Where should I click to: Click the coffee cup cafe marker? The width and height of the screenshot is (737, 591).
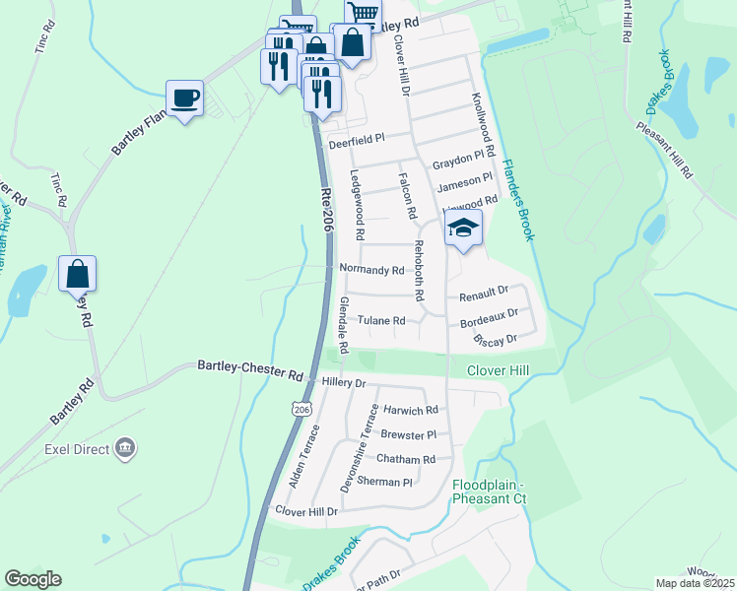184,99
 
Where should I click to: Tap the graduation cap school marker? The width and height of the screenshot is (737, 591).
462,230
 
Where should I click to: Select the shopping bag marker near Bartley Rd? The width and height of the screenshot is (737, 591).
77,274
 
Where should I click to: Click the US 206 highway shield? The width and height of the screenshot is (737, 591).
301,407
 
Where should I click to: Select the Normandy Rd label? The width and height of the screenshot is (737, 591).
371,270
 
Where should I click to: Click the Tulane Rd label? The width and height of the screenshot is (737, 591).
381,321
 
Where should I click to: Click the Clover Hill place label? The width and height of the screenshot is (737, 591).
500,371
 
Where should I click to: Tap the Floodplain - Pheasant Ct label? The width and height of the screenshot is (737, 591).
490,492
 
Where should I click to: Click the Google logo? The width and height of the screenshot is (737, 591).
33,579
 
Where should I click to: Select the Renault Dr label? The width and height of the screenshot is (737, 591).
483,292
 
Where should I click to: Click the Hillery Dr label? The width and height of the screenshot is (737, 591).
344,382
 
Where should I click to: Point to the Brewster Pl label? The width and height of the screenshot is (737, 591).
408,434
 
